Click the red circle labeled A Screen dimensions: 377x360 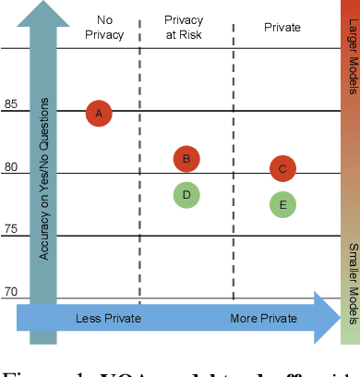(x=99, y=114)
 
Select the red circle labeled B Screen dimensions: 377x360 (x=186, y=159)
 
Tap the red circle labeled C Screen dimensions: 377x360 (x=282, y=168)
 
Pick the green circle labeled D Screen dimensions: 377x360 (x=186, y=194)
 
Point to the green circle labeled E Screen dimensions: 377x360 (x=282, y=205)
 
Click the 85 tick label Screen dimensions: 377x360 (x=10, y=103)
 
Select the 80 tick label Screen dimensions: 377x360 (x=10, y=166)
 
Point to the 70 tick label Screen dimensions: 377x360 (x=10, y=292)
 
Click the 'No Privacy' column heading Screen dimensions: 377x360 (x=100, y=27)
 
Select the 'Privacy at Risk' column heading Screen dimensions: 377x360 (x=185, y=27)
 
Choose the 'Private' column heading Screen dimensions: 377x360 (x=282, y=27)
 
